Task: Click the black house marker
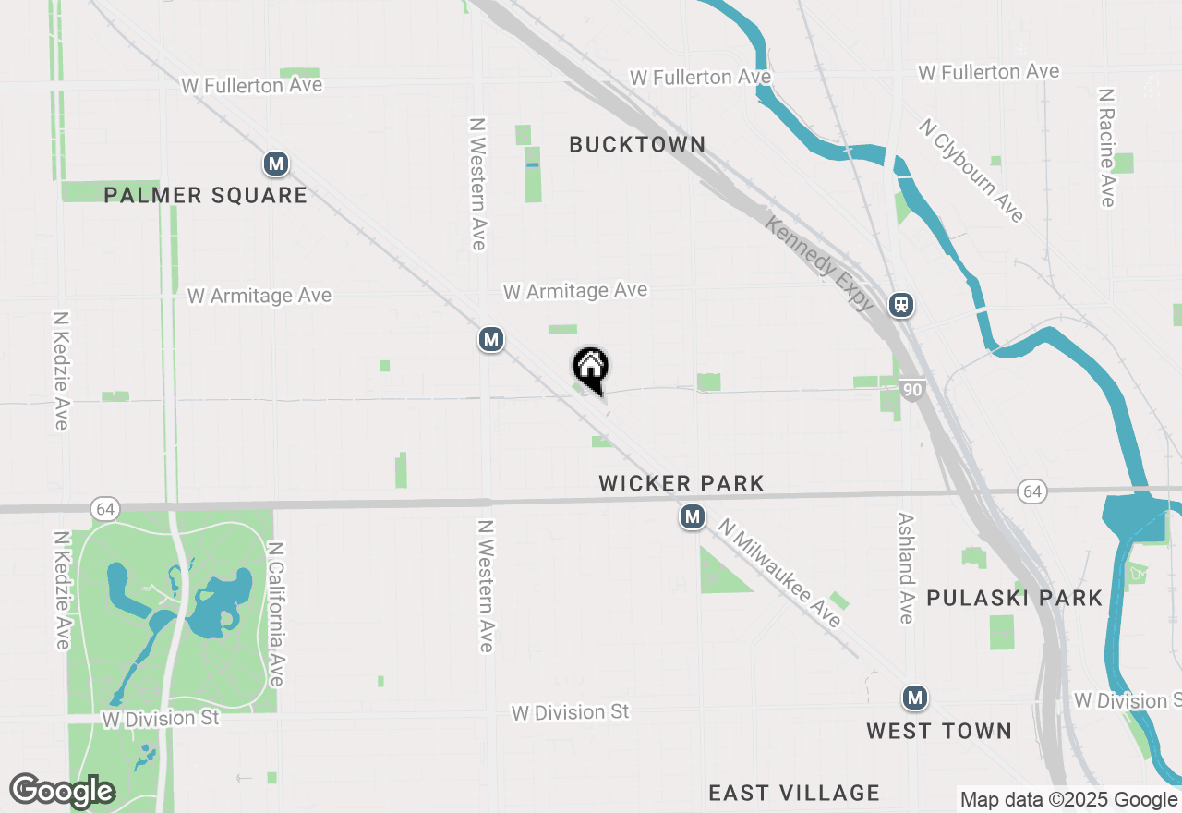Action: click(x=591, y=368)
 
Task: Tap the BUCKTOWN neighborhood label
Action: click(x=637, y=144)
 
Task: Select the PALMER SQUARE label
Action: click(x=205, y=195)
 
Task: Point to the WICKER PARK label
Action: click(x=681, y=483)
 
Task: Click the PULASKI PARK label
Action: click(x=1014, y=598)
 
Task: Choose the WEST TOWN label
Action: click(x=939, y=731)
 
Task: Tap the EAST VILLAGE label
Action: click(x=794, y=793)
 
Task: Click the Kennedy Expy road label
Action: click(x=819, y=264)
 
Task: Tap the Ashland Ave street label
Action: click(x=906, y=568)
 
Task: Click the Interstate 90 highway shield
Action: click(x=912, y=390)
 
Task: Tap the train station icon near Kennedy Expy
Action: click(x=902, y=305)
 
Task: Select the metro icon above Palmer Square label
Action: click(x=275, y=164)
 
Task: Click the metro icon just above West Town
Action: click(x=915, y=698)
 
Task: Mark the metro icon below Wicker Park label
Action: click(x=693, y=517)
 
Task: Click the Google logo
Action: click(x=62, y=791)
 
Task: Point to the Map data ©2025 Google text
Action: click(x=1069, y=800)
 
